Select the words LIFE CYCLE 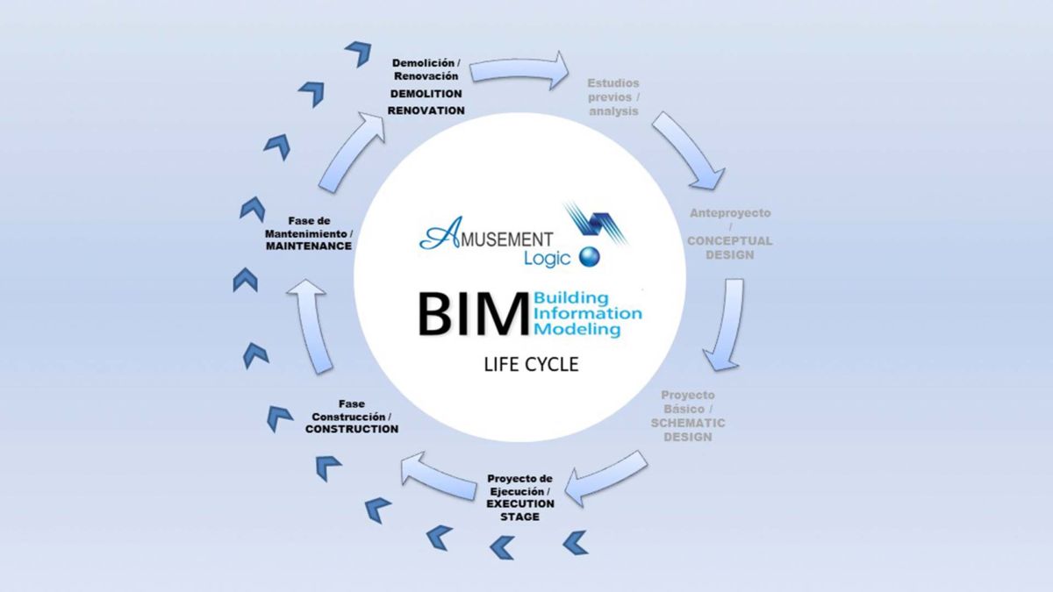point(531,364)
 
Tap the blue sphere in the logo point(589,257)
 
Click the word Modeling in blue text point(577,329)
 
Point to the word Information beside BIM point(587,313)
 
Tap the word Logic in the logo point(547,258)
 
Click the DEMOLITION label point(426,93)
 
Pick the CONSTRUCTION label point(351,429)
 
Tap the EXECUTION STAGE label point(520,510)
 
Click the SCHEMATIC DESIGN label point(688,429)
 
